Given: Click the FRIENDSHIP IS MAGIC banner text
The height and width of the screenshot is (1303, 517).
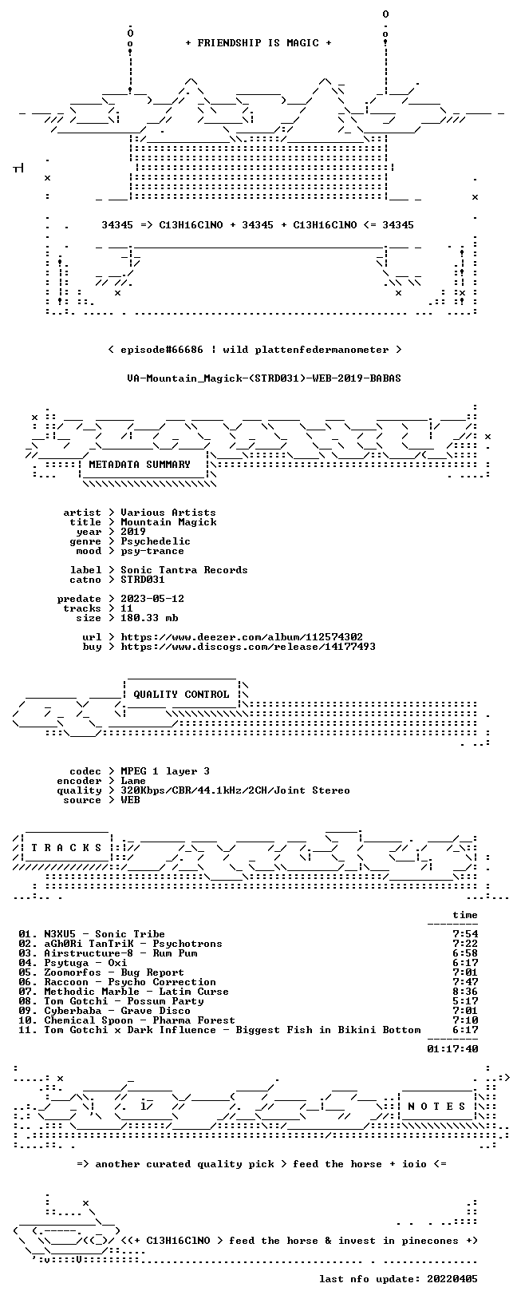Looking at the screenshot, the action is (x=258, y=43).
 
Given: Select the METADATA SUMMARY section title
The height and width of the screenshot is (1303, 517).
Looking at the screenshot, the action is (x=140, y=464).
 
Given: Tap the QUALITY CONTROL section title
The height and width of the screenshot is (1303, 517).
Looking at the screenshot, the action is (x=181, y=694).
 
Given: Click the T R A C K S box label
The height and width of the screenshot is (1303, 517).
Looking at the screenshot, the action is (x=66, y=848).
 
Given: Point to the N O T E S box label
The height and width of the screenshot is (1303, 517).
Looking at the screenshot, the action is (x=436, y=1106).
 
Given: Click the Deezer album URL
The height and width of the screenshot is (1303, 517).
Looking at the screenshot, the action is (x=242, y=637).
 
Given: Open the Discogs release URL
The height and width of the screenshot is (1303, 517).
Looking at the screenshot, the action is (x=248, y=646).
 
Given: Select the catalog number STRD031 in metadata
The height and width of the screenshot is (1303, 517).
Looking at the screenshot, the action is (x=143, y=580).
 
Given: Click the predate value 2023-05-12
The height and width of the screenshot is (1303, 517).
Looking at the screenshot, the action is (x=152, y=599).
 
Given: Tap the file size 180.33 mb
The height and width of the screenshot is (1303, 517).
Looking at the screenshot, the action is (x=149, y=618).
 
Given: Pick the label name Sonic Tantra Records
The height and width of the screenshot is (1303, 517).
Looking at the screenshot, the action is (x=184, y=570).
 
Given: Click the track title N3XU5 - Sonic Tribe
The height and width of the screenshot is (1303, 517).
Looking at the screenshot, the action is (x=105, y=934).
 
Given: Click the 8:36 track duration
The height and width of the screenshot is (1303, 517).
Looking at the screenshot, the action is (x=465, y=992).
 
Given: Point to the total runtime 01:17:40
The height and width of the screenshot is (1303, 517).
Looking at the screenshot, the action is (x=452, y=1049).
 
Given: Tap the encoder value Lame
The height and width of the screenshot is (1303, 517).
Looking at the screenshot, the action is (x=133, y=781).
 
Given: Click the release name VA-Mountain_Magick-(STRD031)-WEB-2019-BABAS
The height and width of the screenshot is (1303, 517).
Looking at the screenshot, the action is (x=264, y=378).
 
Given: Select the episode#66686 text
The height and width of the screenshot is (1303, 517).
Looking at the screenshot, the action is (x=162, y=350).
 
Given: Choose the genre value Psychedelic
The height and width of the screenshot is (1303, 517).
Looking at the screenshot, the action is (x=156, y=541).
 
